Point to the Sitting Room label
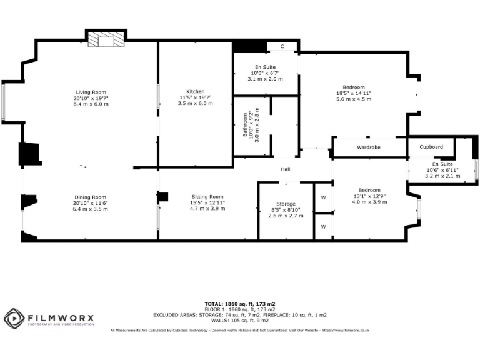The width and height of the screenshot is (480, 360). coord(207,196)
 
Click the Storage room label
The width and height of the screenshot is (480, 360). coord(286,204)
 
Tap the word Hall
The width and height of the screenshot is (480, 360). coord(285,169)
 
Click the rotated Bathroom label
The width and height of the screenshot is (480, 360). coord(246,124)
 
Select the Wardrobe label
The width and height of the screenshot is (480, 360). coord(369,147)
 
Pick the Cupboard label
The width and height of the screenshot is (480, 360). coord(431,147)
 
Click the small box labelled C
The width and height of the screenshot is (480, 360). coord(282,47)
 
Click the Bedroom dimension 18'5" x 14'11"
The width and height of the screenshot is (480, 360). coord(354,93)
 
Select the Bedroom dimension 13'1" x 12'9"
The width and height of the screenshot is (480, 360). coord(369,196)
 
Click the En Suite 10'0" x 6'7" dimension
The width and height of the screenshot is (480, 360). coord(265,73)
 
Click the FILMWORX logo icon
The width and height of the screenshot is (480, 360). coord(14,318)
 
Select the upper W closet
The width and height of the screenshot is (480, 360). coord(323,197)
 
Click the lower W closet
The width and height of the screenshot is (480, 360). coord(323,226)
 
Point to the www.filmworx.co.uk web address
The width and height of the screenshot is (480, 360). coord(346,330)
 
